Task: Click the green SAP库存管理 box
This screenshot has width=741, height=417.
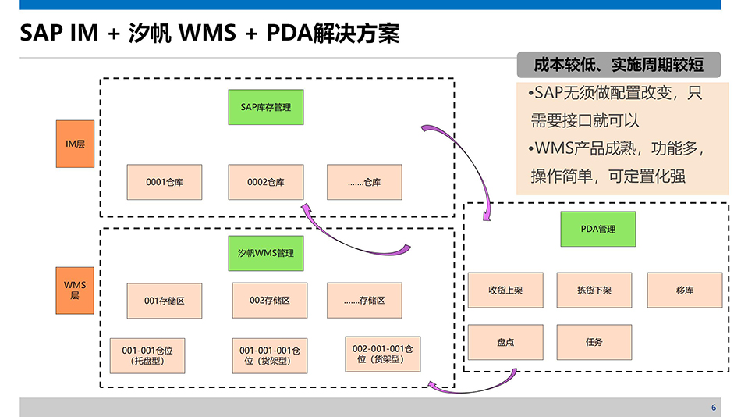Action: [265, 107]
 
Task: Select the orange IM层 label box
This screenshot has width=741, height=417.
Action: [75, 144]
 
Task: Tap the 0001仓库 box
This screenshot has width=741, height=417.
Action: [165, 182]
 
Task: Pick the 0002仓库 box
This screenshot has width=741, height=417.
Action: [265, 182]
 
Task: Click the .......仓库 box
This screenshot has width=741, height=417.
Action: [364, 182]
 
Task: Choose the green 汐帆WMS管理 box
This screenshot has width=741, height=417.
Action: [265, 253]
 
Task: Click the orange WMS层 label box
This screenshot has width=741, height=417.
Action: [75, 290]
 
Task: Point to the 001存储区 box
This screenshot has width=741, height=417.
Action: [164, 301]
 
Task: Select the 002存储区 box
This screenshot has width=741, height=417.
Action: [269, 300]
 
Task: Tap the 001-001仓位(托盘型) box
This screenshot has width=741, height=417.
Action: [147, 356]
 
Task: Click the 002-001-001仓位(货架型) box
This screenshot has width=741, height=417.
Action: [382, 354]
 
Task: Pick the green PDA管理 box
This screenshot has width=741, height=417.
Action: [597, 229]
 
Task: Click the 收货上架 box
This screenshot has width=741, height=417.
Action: [505, 290]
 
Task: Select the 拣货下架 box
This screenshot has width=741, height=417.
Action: [594, 290]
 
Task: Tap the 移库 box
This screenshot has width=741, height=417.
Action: [684, 290]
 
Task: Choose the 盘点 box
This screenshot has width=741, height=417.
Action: [505, 342]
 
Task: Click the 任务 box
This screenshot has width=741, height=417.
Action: [594, 342]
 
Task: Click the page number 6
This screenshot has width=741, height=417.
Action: [713, 408]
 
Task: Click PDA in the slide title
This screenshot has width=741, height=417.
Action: [287, 33]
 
